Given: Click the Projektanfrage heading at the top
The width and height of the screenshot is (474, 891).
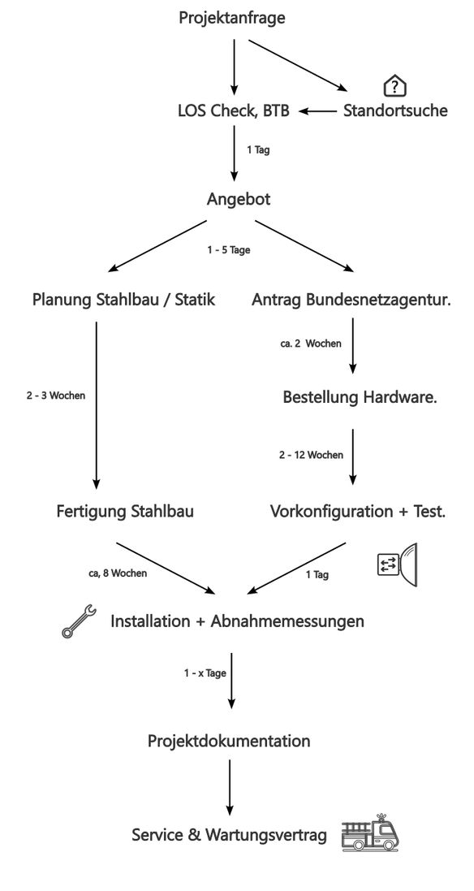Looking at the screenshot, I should coord(232,18).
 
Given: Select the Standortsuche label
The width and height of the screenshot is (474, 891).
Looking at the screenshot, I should coord(395,111).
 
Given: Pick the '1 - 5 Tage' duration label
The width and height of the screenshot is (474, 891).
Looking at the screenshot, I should coord(228,250).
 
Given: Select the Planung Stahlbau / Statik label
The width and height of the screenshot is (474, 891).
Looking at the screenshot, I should coord(124,301).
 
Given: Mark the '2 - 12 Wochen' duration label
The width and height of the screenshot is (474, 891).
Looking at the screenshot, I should coord(311,455).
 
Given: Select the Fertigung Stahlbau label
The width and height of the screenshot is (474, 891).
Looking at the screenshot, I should coord(125,512).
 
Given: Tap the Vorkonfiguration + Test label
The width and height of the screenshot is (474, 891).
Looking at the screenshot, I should coord(357,512).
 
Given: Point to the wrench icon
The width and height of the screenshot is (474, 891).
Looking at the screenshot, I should coord(79,621).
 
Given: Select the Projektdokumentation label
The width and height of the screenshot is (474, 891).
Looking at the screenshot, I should coord(229,741).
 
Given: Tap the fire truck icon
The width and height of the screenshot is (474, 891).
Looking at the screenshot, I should coord(371,833).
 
